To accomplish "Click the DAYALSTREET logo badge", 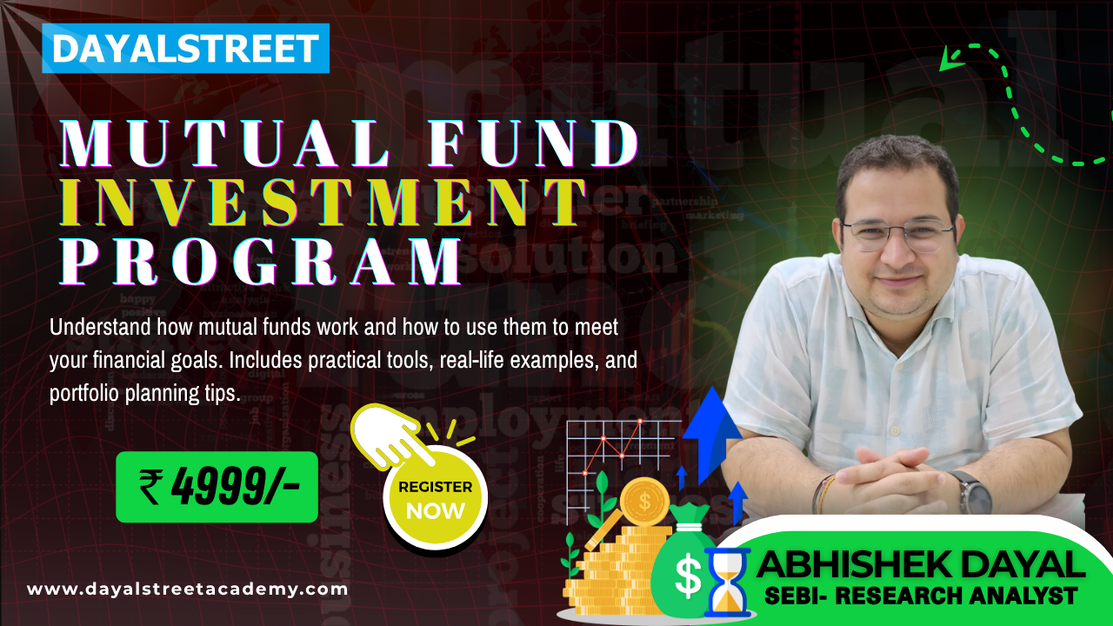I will point(185,48).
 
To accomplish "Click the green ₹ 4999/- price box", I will point(217,487).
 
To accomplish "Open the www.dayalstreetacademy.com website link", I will point(187,589).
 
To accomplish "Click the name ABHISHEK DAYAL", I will point(920,565).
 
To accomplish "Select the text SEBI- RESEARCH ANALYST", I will point(920,596).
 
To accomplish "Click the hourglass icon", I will point(727,581).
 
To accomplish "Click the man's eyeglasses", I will point(897,233).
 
